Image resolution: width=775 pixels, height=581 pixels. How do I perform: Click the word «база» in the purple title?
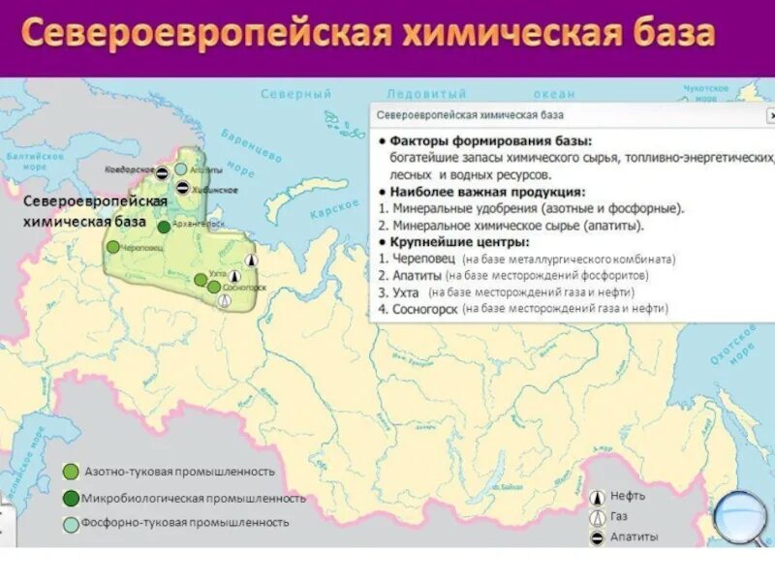click(x=663, y=34)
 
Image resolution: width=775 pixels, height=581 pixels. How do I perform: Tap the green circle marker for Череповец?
click(x=114, y=246)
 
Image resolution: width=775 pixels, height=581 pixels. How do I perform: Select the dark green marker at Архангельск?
click(x=164, y=227)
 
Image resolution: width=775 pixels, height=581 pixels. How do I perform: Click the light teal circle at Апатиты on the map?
click(x=181, y=169)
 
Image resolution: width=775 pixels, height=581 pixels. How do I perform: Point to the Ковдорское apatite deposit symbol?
click(x=164, y=173)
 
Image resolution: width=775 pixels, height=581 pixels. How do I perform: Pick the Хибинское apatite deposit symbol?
click(x=181, y=188)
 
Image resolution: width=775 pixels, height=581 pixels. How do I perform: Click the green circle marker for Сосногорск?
click(x=214, y=287)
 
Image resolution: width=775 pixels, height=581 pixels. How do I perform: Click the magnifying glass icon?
click(x=739, y=516)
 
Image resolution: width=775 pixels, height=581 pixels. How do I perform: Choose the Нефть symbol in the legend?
click(x=598, y=496)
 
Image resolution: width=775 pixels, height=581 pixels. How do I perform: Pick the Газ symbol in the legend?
click(x=598, y=516)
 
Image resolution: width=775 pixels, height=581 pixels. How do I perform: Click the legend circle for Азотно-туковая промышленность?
click(x=71, y=472)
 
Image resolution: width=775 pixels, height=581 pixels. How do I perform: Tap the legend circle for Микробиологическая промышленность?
click(x=71, y=498)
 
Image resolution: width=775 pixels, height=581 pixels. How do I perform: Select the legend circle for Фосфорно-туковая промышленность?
click(x=71, y=523)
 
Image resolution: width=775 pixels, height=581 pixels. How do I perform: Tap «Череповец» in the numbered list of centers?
click(x=423, y=259)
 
